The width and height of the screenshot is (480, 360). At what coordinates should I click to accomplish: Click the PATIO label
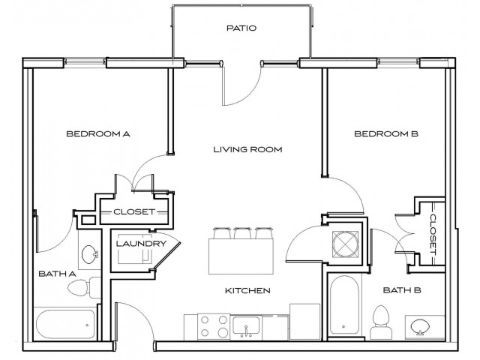(x=241, y=28)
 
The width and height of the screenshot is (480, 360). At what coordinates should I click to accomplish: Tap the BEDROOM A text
(x=98, y=134)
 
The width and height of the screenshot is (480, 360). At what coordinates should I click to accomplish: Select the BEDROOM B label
(x=385, y=134)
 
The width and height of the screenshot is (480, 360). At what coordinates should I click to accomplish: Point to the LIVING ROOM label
(x=247, y=149)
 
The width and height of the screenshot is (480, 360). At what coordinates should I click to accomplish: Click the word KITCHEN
(x=247, y=290)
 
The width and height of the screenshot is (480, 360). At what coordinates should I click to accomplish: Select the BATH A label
(x=57, y=274)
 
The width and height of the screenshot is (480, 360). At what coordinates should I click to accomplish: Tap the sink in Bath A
(x=89, y=253)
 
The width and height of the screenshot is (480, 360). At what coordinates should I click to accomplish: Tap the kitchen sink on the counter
(x=247, y=326)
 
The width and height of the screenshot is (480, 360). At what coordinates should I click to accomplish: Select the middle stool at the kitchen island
(x=242, y=232)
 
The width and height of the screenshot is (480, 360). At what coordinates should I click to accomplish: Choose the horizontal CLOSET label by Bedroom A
(x=134, y=212)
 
